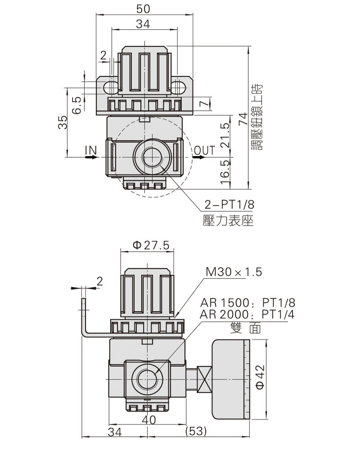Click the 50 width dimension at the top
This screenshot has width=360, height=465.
(x=143, y=9)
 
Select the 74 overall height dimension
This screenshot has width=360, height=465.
(x=243, y=119)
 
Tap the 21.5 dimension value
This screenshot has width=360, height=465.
(x=225, y=135)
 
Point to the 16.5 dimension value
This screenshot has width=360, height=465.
(x=225, y=173)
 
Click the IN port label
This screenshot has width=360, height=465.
(x=91, y=150)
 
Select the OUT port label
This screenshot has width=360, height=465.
(x=204, y=150)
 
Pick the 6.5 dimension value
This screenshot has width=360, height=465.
(x=77, y=105)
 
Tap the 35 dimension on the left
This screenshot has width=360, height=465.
(x=63, y=122)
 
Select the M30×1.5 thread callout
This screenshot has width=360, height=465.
(x=234, y=272)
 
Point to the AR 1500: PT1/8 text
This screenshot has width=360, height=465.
(x=247, y=303)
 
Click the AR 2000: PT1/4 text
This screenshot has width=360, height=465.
(x=247, y=314)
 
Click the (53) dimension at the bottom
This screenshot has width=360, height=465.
(x=196, y=431)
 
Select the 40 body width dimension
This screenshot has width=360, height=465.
(x=148, y=420)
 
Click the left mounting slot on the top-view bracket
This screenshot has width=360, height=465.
(x=111, y=88)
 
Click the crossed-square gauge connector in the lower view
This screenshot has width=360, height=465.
(x=204, y=379)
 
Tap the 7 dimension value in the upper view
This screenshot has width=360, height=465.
(x=203, y=104)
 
